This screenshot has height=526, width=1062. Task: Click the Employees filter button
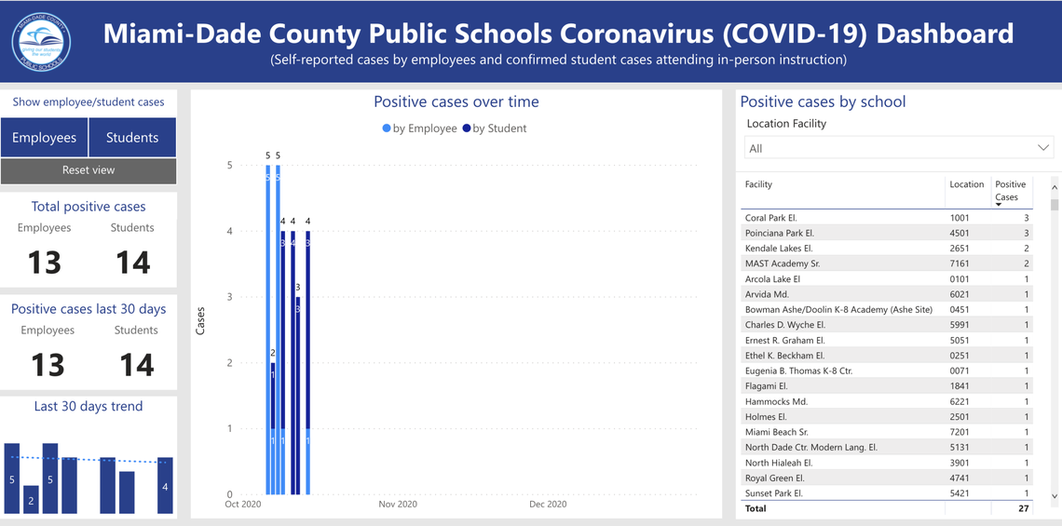(x=44, y=138)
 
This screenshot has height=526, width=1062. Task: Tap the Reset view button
(x=88, y=170)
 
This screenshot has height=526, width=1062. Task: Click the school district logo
(x=41, y=41)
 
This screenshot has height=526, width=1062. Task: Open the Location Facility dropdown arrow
(x=1043, y=148)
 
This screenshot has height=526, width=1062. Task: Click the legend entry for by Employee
(x=420, y=128)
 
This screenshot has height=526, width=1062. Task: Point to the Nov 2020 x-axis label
(x=398, y=505)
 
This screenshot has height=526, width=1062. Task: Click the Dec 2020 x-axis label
(x=548, y=505)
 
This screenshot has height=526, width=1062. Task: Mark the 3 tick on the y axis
(x=230, y=297)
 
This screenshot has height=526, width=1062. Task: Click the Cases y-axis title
(x=200, y=321)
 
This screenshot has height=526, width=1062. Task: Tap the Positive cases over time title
(x=456, y=102)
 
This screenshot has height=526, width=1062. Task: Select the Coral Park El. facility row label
(x=770, y=218)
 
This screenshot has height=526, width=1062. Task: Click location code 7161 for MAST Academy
(x=960, y=263)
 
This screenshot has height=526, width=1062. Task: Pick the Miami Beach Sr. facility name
(x=776, y=432)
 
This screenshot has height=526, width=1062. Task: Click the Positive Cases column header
(x=1010, y=191)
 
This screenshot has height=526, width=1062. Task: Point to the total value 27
(x=1023, y=508)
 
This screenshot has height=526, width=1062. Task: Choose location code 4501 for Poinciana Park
(x=960, y=233)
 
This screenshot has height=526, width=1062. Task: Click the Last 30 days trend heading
(x=88, y=407)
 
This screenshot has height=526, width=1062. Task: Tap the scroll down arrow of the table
(x=1055, y=496)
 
